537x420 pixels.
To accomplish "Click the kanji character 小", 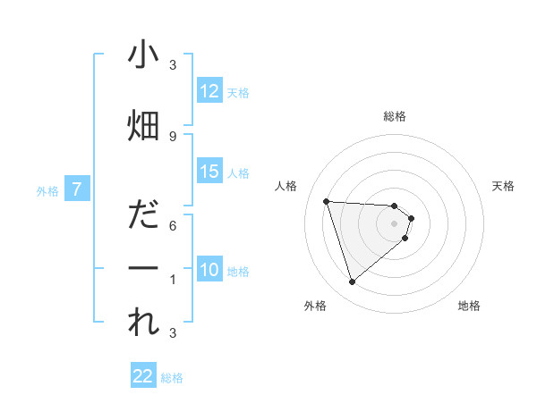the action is [143, 55].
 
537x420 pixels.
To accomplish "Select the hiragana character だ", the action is [143, 215].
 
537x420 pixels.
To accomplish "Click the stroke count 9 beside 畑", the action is [173, 136].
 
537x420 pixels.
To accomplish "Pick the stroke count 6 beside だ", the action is [173, 225].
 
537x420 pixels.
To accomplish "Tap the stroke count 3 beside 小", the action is [173, 65].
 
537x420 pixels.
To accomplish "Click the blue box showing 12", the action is [209, 91].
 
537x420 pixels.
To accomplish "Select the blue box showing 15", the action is [209, 172].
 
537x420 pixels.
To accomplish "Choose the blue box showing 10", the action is [209, 270].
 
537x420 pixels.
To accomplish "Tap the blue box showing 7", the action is [77, 189].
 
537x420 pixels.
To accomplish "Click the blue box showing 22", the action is [143, 376].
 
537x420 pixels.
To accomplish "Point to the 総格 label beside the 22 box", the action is [172, 378].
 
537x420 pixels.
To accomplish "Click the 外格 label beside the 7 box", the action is [47, 190].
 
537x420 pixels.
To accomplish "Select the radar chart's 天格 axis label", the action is [503, 186].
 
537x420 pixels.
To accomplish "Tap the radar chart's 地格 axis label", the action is [469, 306].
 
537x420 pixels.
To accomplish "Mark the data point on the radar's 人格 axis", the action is [326, 201].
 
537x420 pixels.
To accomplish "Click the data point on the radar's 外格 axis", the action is [352, 282].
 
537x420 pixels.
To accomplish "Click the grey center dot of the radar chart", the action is [395, 223].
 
